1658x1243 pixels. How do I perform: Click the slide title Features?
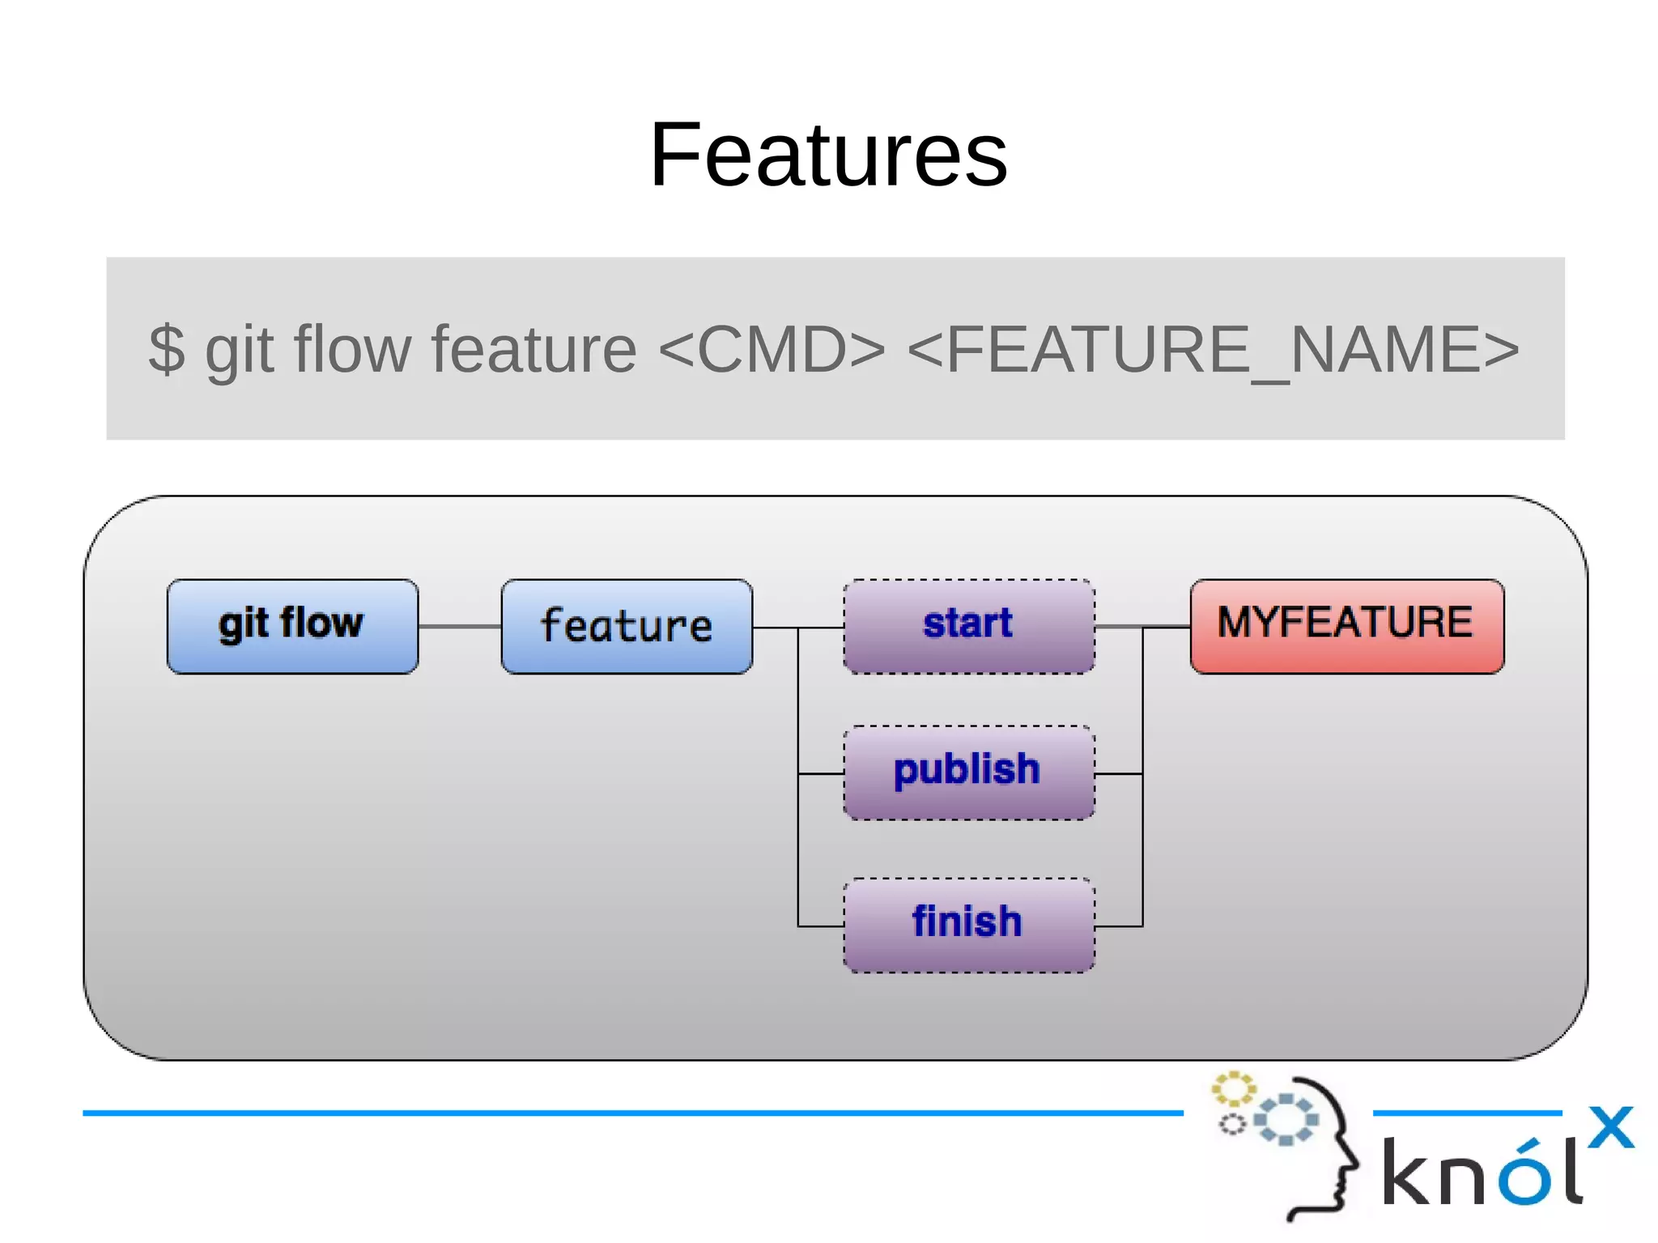pos(828,154)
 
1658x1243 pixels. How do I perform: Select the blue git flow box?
pos(292,626)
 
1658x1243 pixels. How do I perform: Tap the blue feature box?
pos(627,626)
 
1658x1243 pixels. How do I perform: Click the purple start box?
pos(968,626)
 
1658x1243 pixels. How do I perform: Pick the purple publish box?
pos(968,772)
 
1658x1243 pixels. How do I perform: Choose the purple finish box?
pos(968,924)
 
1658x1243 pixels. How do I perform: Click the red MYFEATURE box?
pos(1346,626)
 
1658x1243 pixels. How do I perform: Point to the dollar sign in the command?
pos(167,349)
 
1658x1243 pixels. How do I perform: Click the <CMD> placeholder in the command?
pos(772,349)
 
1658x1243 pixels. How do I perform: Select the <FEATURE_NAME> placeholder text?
pos(1212,349)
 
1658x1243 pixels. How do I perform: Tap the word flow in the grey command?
pos(352,349)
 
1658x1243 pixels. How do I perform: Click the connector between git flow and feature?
pos(459,626)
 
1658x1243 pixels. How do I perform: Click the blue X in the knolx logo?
pos(1610,1126)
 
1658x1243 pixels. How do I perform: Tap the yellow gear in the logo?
pos(1233,1089)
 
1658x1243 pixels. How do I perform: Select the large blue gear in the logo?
pos(1286,1119)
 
